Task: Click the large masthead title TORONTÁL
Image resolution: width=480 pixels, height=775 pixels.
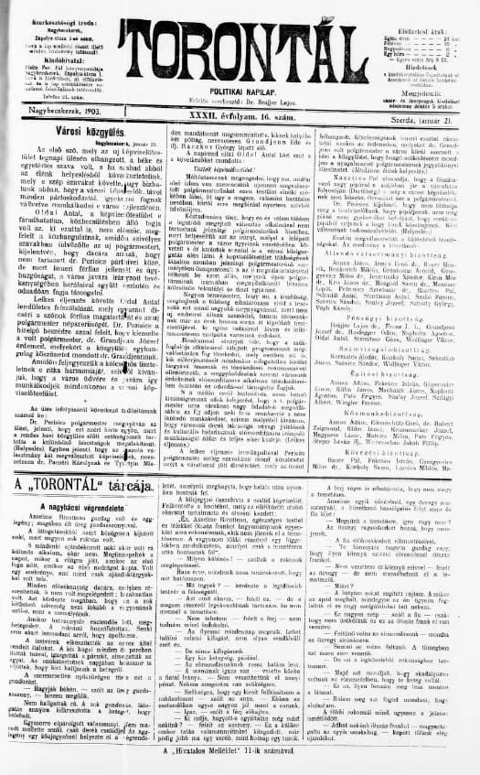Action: (240, 44)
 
